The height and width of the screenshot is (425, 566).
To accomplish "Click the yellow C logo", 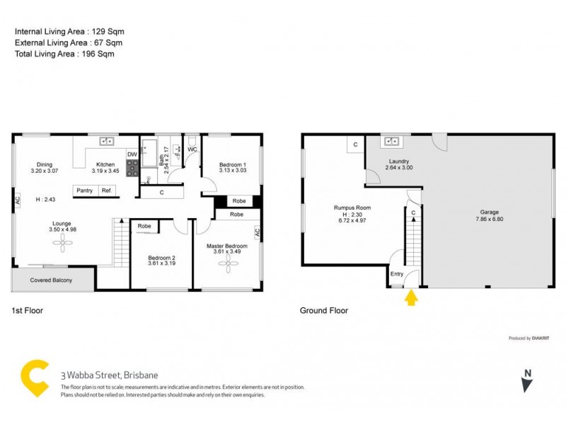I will coord(35,378).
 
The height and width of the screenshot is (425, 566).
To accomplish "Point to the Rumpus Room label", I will coord(352,208).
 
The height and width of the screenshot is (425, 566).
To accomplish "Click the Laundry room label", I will coord(398,161).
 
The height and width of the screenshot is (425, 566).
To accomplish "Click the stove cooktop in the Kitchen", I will coord(132,168).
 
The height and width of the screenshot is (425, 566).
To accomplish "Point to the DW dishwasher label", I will coord(132,154).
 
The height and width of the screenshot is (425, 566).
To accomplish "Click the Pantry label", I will coord(85,191).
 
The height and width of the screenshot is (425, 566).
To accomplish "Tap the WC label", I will coord(192,149).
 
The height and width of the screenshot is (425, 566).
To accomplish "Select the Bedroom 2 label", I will coord(161,257).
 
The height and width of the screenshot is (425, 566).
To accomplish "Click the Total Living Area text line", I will coord(64,53).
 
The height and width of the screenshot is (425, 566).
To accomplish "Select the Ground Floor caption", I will coord(324,310).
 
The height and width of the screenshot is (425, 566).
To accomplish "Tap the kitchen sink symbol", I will coord(107,140).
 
